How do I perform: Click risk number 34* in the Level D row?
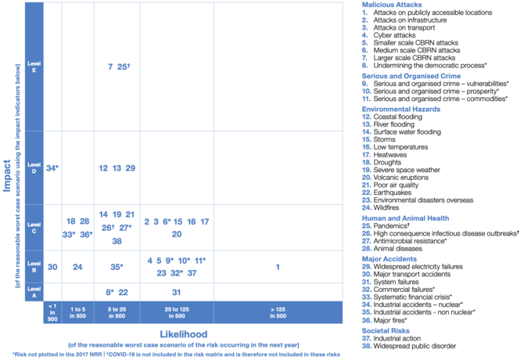pos(52,168)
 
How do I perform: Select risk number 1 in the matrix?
pos(278,268)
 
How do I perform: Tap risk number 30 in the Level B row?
pos(52,268)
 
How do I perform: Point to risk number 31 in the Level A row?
pos(177,293)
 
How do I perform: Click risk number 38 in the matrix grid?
pos(117,241)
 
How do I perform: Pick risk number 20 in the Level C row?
pos(177,234)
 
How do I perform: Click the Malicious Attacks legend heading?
pos(389,5)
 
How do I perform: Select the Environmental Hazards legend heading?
pos(401,109)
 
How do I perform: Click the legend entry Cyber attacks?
pos(405,35)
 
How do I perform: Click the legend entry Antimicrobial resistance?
pos(420,243)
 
